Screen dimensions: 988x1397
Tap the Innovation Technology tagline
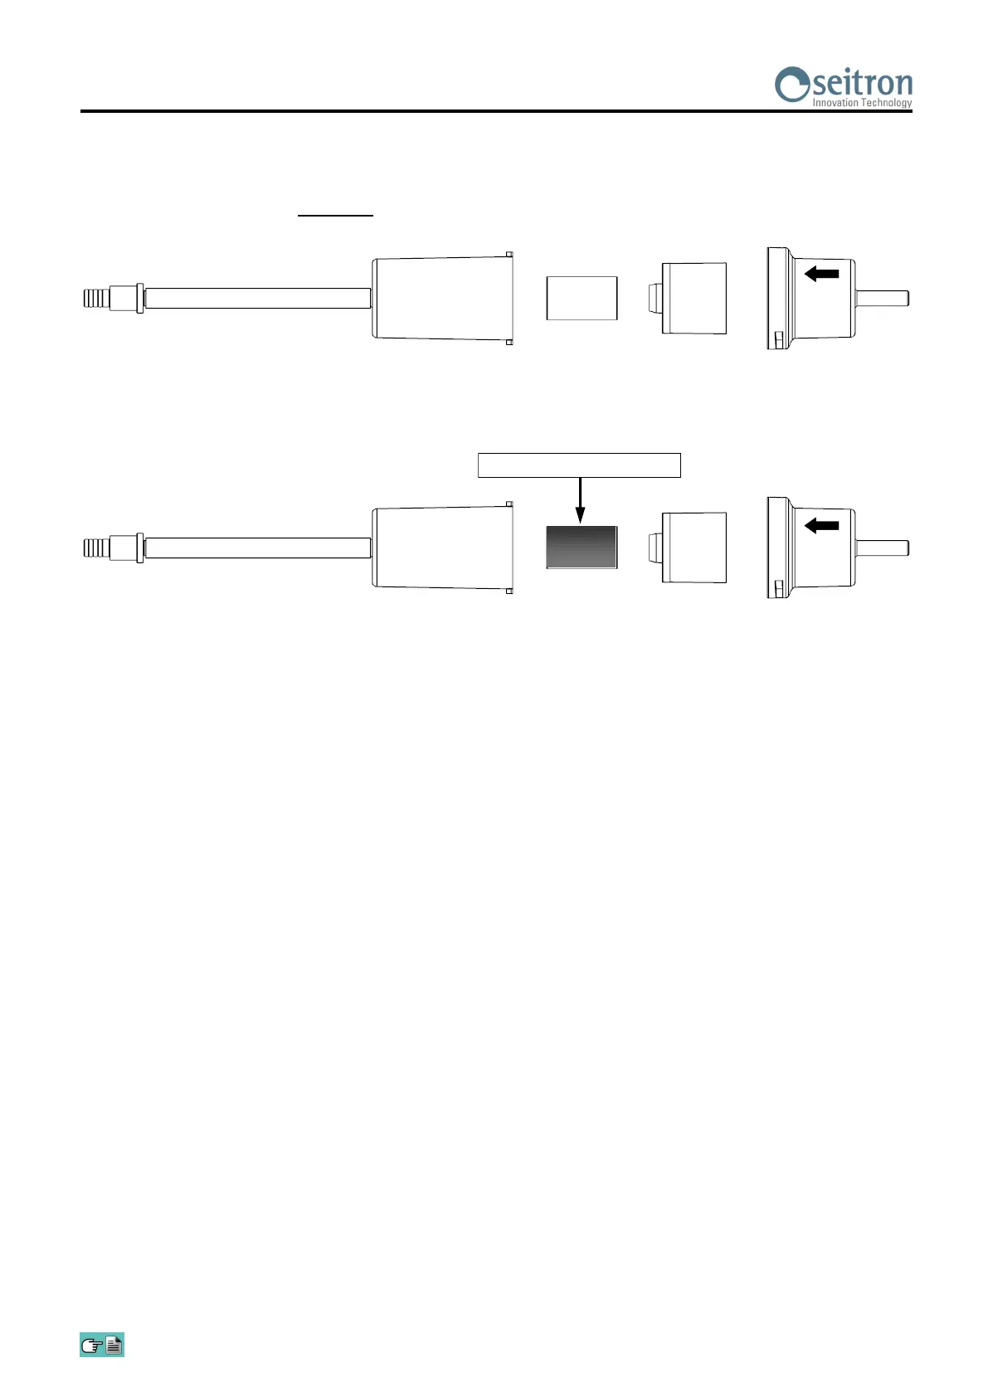click(x=862, y=103)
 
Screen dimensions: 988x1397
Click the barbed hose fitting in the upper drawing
click(x=97, y=298)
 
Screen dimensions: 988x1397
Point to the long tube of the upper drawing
click(x=257, y=298)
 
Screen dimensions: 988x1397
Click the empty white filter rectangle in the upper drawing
click(x=582, y=298)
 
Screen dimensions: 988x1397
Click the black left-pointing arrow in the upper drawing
click(x=822, y=273)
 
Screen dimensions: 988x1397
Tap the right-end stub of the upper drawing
click(x=883, y=298)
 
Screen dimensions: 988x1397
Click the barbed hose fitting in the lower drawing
click(x=97, y=548)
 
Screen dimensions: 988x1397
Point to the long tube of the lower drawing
click(x=257, y=548)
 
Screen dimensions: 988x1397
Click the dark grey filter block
click(x=582, y=548)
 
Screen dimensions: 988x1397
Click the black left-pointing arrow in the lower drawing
click(x=822, y=524)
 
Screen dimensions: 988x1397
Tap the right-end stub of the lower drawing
click(x=883, y=548)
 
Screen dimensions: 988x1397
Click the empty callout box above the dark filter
click(x=579, y=465)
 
